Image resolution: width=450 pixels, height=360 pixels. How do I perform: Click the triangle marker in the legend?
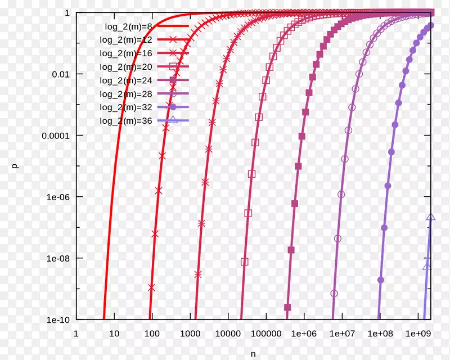click(x=173, y=120)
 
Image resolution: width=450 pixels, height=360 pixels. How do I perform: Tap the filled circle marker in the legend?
click(x=173, y=107)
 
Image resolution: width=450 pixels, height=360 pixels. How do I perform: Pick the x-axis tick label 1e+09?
click(x=417, y=333)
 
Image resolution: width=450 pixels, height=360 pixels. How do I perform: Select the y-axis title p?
click(x=16, y=166)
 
